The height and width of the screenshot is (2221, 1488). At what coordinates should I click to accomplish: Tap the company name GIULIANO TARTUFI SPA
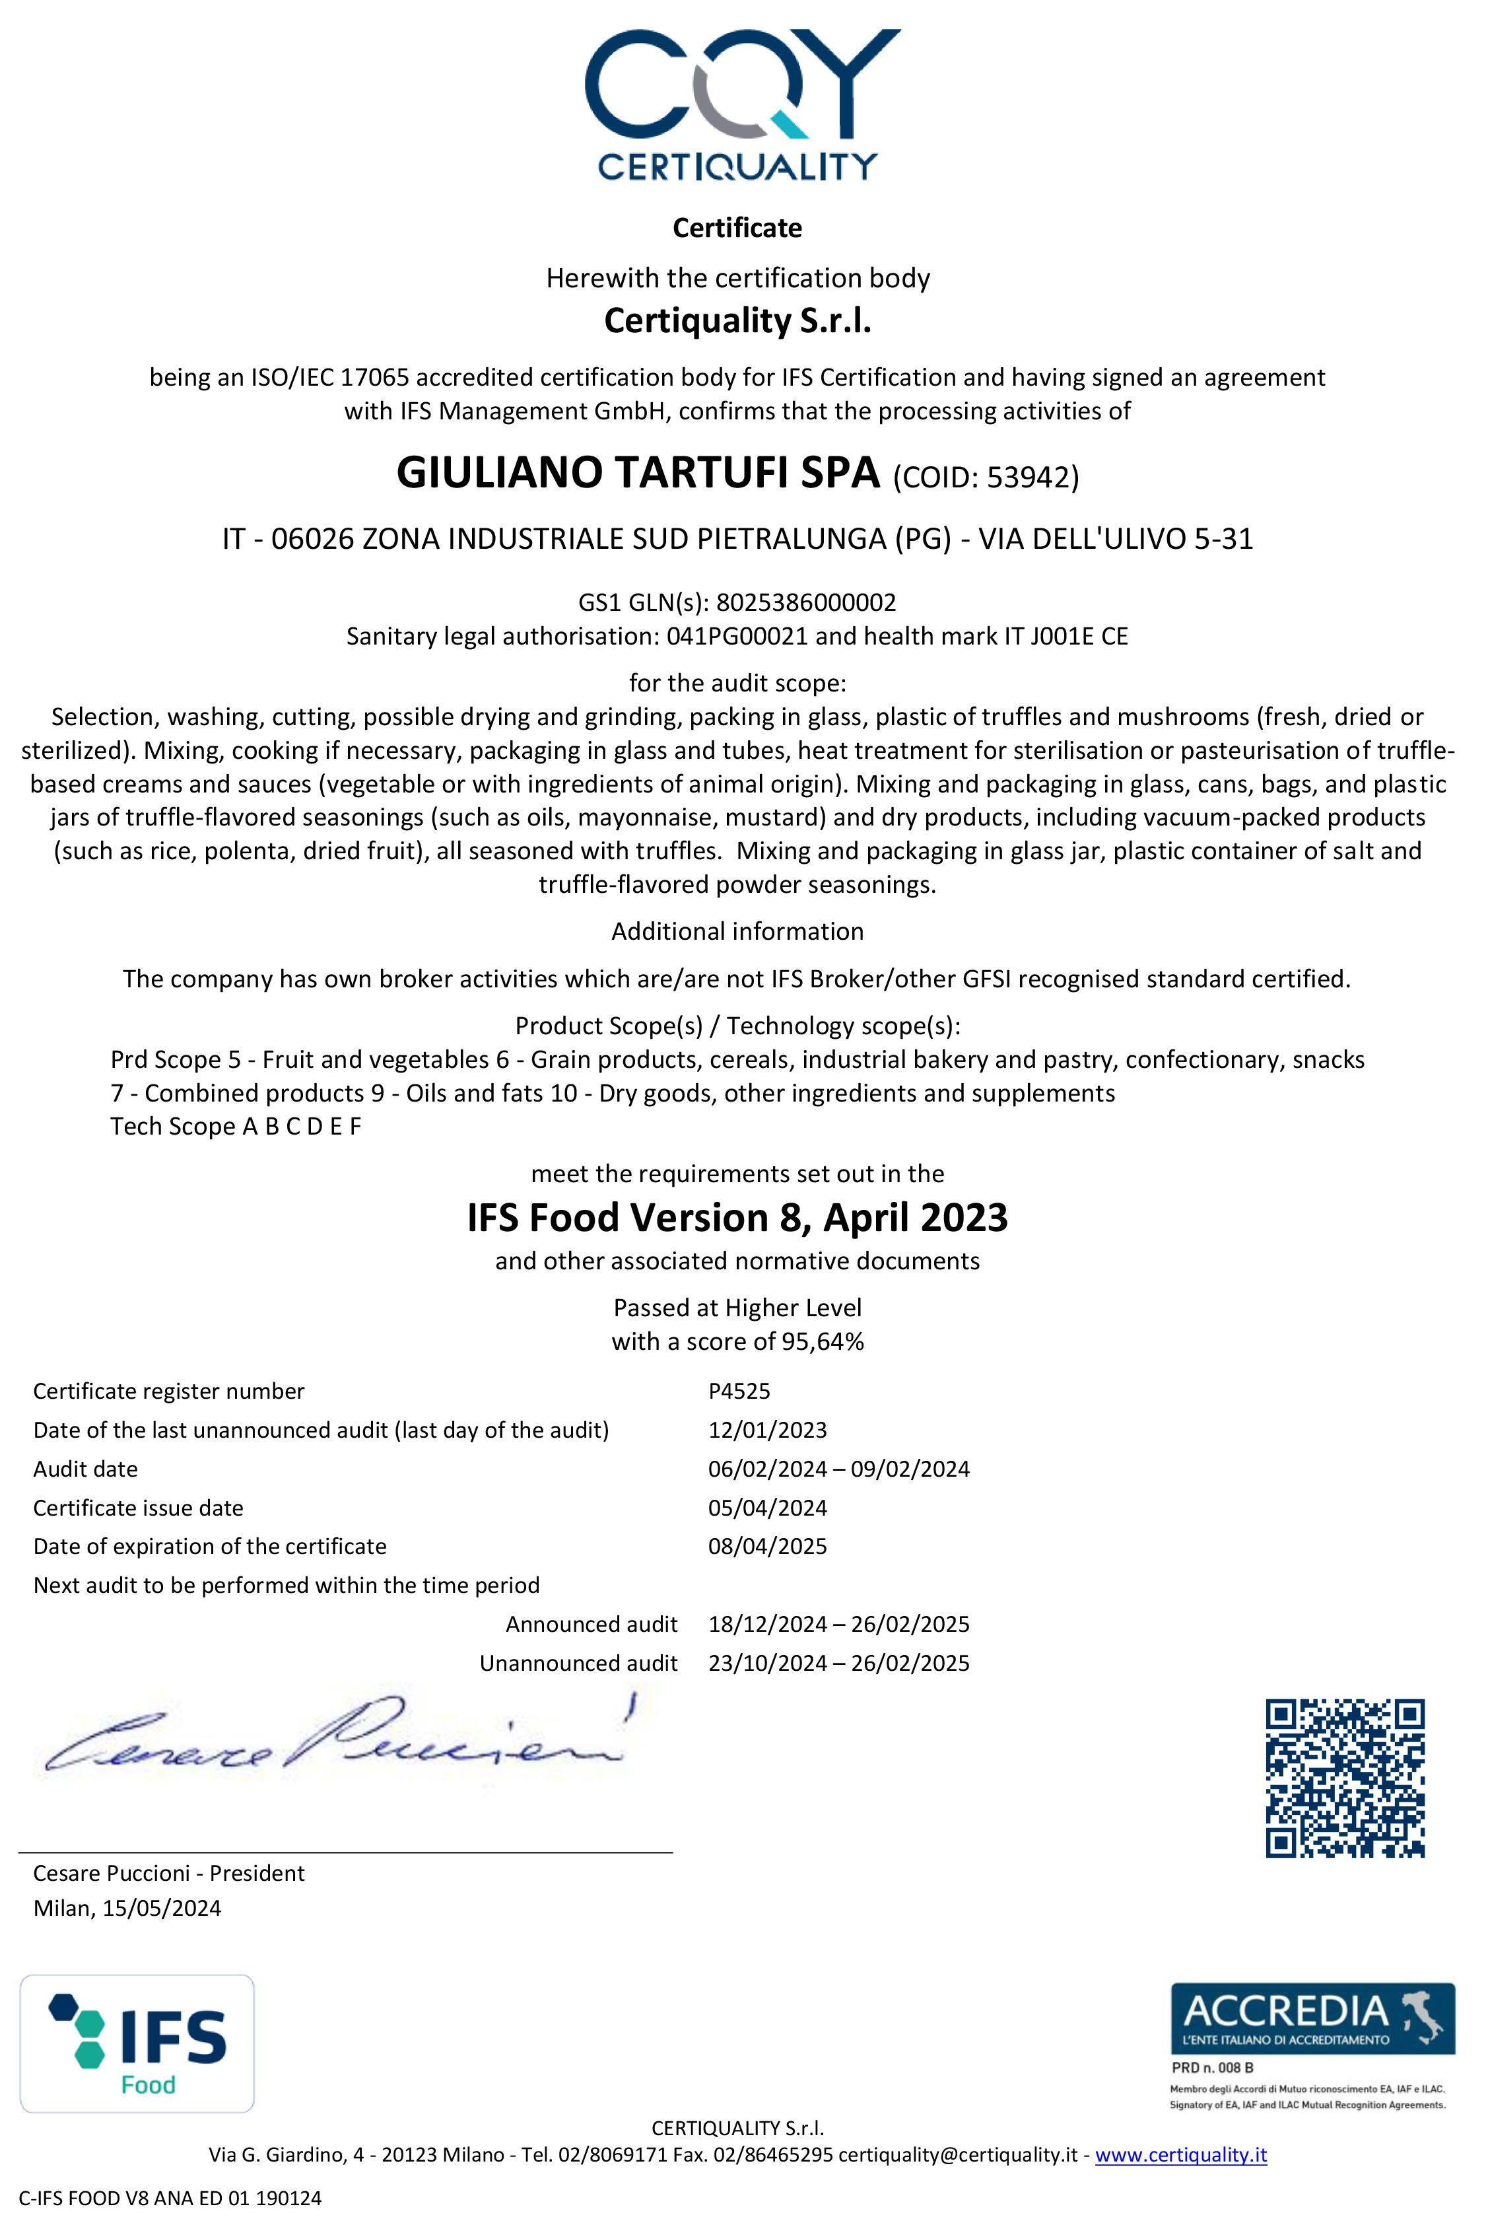point(638,473)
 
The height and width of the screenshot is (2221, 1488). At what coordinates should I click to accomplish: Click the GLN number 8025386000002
point(805,603)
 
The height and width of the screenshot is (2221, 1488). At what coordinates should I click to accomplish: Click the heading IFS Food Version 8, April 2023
point(737,1218)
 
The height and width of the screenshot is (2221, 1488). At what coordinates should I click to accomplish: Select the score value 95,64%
point(822,1341)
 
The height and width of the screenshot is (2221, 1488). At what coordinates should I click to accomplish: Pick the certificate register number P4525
point(739,1392)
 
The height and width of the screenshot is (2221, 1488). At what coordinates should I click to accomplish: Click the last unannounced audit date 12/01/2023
point(767,1430)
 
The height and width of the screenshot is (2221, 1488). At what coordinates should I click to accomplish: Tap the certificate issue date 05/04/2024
point(767,1508)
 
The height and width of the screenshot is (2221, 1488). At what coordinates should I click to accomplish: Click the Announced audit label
point(592,1624)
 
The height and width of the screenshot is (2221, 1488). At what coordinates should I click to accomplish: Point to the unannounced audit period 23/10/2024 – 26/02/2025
point(839,1663)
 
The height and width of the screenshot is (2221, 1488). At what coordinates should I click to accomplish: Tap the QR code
point(1345,1778)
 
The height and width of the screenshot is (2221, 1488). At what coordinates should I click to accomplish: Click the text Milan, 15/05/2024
point(127,1909)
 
